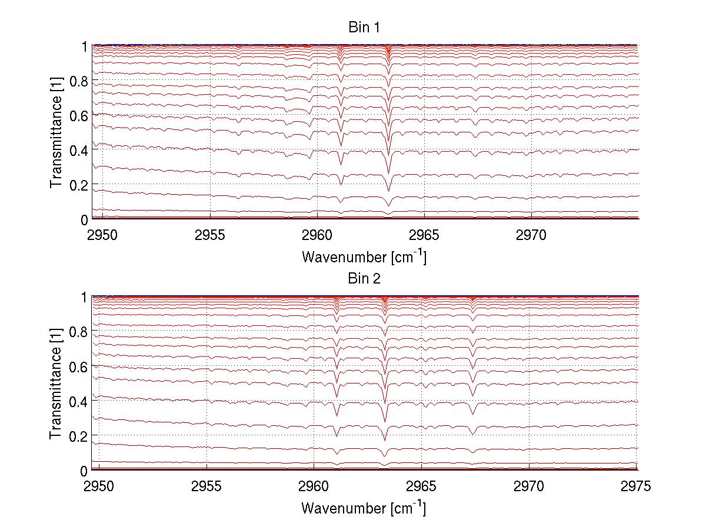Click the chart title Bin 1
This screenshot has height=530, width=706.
364,28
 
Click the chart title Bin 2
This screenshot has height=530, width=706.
364,279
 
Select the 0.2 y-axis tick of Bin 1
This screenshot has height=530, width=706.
79,184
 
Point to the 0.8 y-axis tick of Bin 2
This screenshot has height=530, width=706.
79,332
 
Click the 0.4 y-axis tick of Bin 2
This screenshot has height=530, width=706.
79,401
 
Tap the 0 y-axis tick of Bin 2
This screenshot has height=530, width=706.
84,471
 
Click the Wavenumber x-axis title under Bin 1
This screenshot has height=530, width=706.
364,256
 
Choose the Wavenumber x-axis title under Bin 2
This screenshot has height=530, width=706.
364,508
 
